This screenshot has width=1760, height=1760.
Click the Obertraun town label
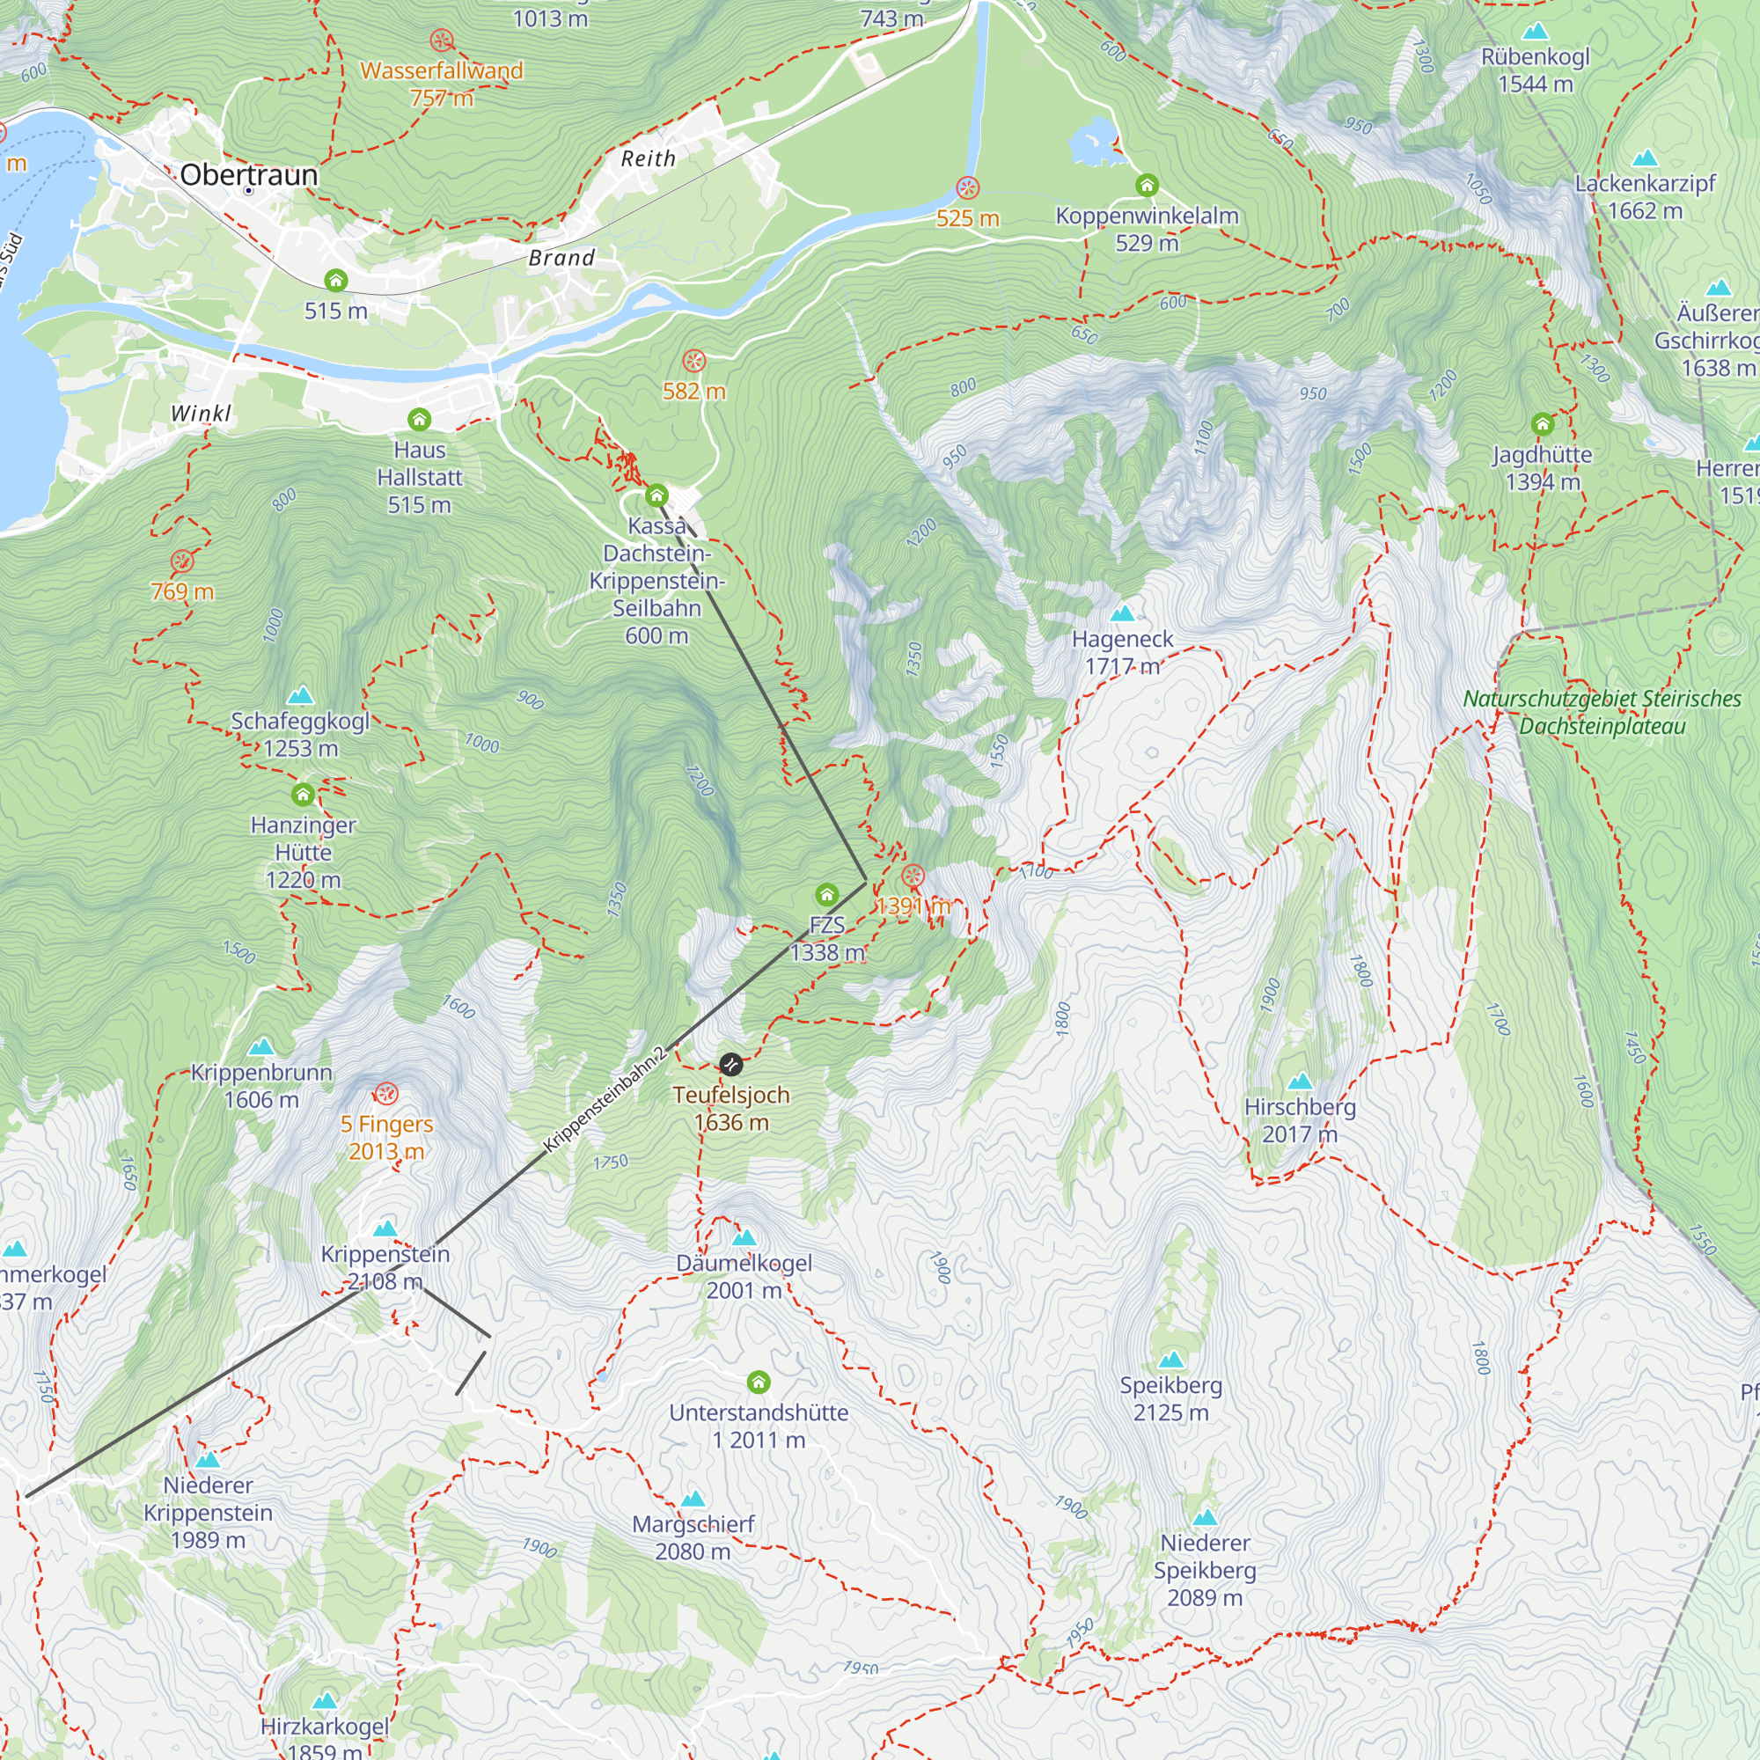pyautogui.click(x=249, y=174)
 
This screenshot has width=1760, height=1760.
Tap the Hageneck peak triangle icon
pyautogui.click(x=1122, y=613)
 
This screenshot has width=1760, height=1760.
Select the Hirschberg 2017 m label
pyautogui.click(x=1300, y=1120)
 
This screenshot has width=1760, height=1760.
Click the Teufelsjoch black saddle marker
pyautogui.click(x=730, y=1064)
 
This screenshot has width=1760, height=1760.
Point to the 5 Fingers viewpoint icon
pyautogui.click(x=386, y=1093)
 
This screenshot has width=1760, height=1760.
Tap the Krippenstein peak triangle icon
pyautogui.click(x=385, y=1228)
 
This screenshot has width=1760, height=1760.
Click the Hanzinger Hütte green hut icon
pyautogui.click(x=304, y=795)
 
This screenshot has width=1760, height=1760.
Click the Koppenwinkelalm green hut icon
pyautogui.click(x=1147, y=186)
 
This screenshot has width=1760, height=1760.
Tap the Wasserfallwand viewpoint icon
pyautogui.click(x=442, y=40)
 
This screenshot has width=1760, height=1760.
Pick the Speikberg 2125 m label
pyautogui.click(x=1170, y=1398)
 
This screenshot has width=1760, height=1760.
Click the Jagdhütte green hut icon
pyautogui.click(x=1543, y=423)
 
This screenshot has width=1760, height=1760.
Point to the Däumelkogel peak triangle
pyautogui.click(x=744, y=1237)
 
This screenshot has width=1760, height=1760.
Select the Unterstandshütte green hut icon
pyautogui.click(x=759, y=1382)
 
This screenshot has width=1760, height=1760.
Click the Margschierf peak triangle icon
pyautogui.click(x=693, y=1499)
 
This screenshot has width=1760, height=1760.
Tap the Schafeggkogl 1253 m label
pyautogui.click(x=300, y=734)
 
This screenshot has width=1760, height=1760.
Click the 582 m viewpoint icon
pyautogui.click(x=694, y=361)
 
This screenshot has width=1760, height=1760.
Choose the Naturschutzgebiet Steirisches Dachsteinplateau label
pyautogui.click(x=1602, y=713)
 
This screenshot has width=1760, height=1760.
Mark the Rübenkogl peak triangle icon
pyautogui.click(x=1536, y=31)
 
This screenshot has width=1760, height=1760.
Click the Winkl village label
pyautogui.click(x=201, y=414)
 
